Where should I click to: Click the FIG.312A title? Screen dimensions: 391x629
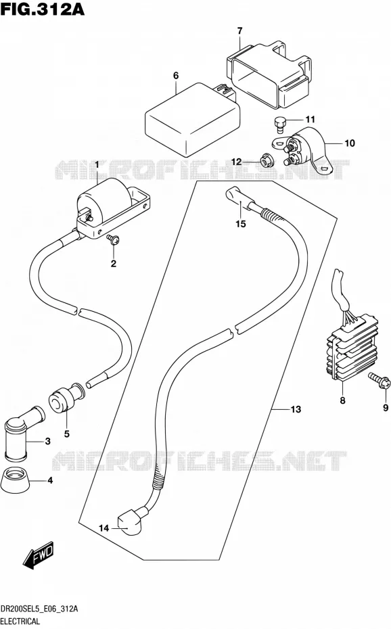[x=43, y=8]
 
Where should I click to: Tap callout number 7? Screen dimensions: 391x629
[x=240, y=30]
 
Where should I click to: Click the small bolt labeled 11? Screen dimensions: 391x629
[x=279, y=123]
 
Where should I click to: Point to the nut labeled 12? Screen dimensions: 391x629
[x=266, y=160]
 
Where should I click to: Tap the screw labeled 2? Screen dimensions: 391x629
[x=113, y=239]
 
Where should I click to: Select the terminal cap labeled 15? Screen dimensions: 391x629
[x=238, y=199]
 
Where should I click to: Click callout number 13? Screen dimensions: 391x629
[x=296, y=409]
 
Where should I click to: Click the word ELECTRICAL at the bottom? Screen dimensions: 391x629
[x=20, y=622]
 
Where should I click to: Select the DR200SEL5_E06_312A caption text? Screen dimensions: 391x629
[x=39, y=609]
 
